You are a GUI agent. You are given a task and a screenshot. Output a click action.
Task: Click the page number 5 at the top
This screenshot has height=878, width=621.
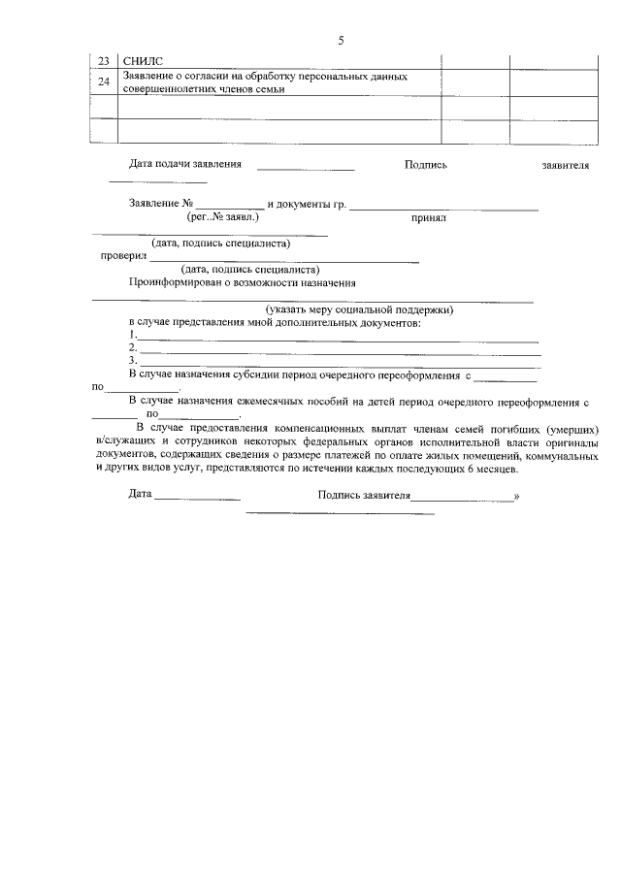pos(341,41)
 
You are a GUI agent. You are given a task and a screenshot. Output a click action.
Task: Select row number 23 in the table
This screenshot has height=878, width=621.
pos(104,61)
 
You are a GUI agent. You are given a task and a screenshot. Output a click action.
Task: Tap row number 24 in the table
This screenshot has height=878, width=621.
pos(104,81)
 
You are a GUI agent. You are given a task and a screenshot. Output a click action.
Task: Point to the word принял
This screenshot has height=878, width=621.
pos(428,219)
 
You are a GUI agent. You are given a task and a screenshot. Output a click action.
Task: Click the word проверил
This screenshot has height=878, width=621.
pos(124,256)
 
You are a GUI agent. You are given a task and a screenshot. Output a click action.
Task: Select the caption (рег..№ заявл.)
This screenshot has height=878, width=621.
pos(222,218)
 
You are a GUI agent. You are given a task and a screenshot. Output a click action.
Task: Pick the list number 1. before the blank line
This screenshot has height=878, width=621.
pos(133,335)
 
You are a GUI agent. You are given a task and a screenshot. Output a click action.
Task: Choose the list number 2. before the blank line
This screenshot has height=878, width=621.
pos(133,347)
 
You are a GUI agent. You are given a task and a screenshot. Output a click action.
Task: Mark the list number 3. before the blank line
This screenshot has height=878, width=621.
pos(133,360)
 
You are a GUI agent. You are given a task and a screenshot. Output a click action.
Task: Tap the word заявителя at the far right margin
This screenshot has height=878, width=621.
pos(566,166)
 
